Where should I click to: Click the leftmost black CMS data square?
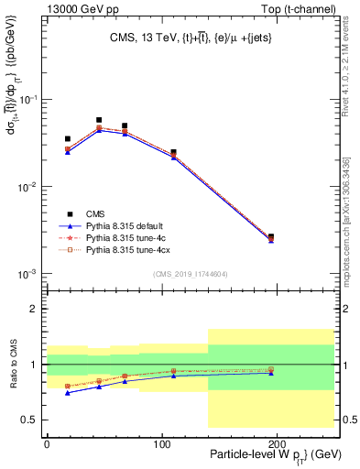[67, 139]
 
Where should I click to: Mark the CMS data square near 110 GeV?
[173, 152]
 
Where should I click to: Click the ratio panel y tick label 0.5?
[30, 420]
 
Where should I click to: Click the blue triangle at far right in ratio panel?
[270, 373]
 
